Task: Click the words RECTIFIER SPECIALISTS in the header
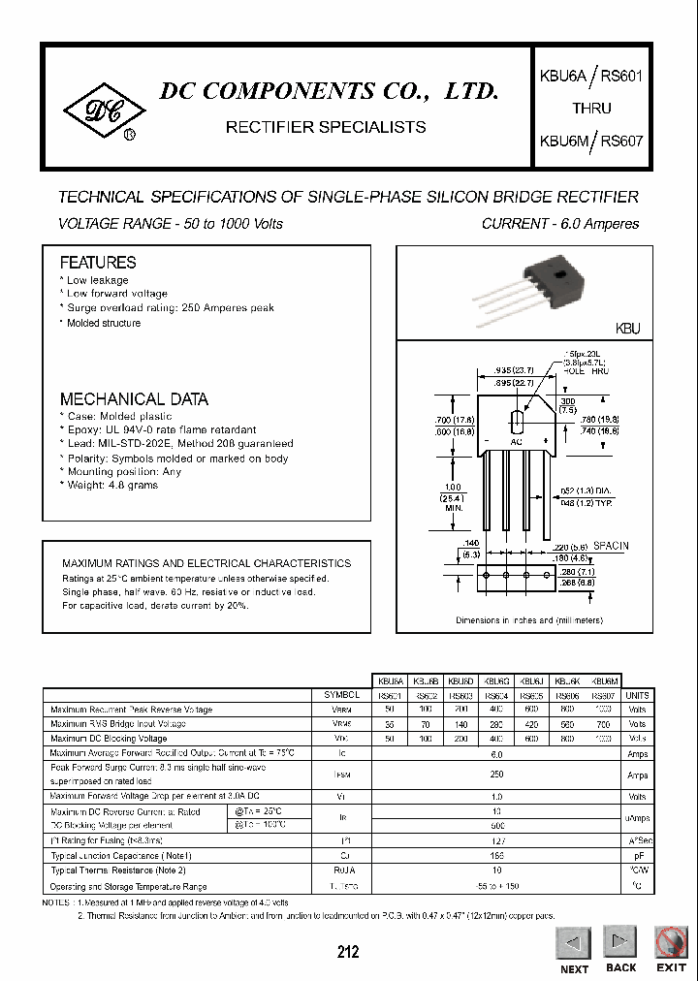click(325, 127)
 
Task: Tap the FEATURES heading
click(98, 263)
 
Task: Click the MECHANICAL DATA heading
click(134, 399)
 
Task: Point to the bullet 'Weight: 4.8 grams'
click(111, 485)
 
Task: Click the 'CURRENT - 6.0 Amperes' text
click(560, 224)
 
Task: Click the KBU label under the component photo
click(628, 330)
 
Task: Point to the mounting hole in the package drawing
click(518, 422)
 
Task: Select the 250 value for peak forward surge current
click(497, 775)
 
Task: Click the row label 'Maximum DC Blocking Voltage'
click(109, 739)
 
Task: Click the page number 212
click(348, 952)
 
